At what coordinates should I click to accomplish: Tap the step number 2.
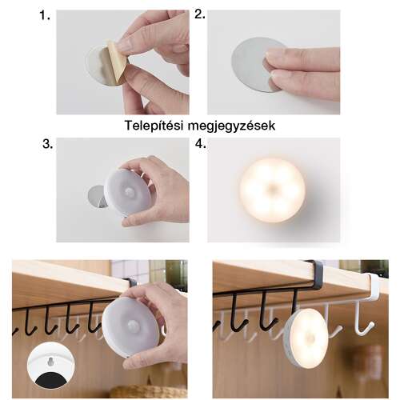(x=200, y=15)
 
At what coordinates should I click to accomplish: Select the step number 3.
(x=47, y=145)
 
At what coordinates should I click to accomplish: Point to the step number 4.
(x=200, y=145)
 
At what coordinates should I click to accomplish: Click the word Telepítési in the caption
(x=157, y=126)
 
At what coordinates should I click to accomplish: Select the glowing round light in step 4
(x=272, y=190)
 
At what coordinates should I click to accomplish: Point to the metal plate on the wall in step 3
(x=97, y=195)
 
